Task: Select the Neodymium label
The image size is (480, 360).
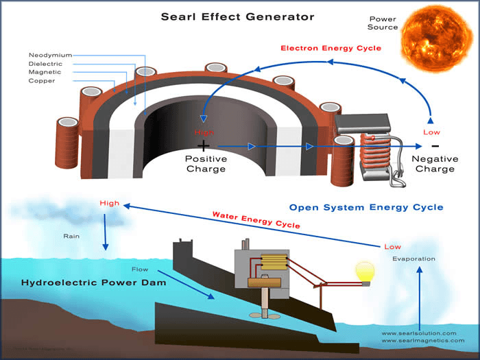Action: point(50,55)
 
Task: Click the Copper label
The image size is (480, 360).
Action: point(42,81)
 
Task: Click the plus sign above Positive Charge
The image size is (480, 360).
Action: point(203,146)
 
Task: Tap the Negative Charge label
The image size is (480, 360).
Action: point(435,164)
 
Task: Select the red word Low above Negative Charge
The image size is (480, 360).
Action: point(432,131)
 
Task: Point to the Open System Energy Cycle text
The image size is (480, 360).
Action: point(366,207)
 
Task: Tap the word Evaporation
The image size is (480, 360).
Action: point(414,259)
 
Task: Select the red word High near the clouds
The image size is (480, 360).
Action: point(109,203)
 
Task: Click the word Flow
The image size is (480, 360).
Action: point(140,269)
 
